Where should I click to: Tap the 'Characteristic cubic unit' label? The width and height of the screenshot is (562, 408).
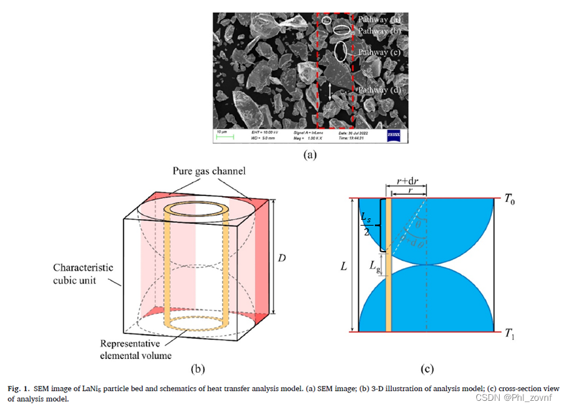84,273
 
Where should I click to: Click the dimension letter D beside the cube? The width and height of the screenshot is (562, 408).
282,258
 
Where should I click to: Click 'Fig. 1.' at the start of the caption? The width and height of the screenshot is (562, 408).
18,388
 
